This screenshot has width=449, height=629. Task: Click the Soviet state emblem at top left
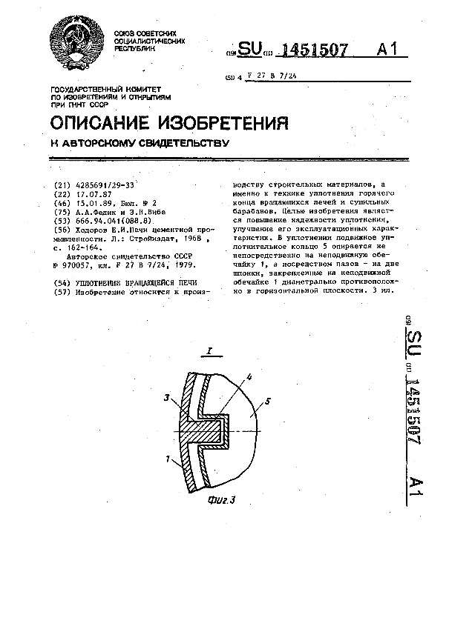[x=76, y=41]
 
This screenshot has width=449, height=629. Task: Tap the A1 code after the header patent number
[x=386, y=50]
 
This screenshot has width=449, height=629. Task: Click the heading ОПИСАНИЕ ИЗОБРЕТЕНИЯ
[x=168, y=122]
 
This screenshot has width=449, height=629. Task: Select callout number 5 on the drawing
[x=268, y=401]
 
